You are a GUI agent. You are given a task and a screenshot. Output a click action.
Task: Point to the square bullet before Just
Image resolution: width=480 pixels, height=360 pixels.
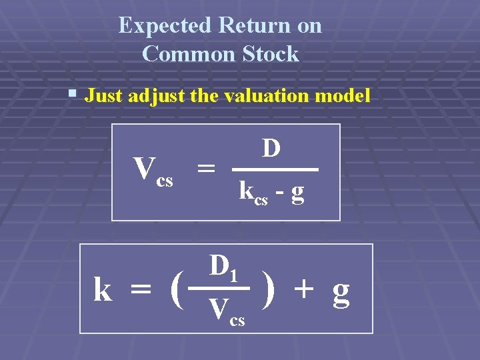pos(73,95)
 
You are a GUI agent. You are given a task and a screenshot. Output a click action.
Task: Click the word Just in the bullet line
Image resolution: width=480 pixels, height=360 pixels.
pos(103,96)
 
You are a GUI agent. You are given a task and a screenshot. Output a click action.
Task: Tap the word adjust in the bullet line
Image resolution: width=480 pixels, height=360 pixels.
pos(155,96)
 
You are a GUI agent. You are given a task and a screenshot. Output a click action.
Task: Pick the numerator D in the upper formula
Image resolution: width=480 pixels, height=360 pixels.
pos(270,148)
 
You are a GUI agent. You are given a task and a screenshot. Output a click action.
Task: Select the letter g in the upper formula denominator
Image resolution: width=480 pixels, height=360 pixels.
pos(298,193)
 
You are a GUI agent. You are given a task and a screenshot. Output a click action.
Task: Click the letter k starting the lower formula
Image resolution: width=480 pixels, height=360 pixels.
pos(103,290)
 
